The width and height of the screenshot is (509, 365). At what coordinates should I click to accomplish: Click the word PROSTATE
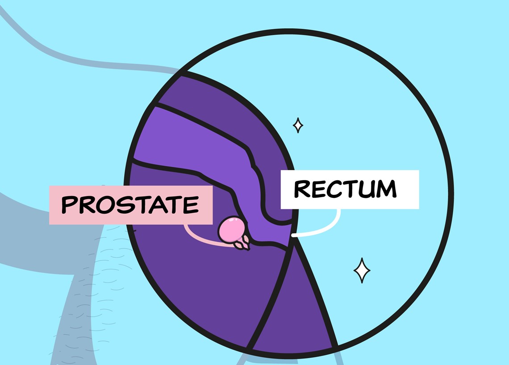click(130, 205)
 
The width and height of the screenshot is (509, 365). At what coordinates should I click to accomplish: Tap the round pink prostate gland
click(231, 229)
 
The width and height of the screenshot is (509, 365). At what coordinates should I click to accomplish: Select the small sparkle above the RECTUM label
click(298, 125)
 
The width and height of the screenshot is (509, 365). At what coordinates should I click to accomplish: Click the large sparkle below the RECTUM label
click(362, 270)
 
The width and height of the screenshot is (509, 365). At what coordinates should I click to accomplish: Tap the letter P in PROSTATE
click(69, 205)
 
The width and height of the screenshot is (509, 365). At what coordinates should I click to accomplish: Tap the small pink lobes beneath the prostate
click(242, 243)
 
